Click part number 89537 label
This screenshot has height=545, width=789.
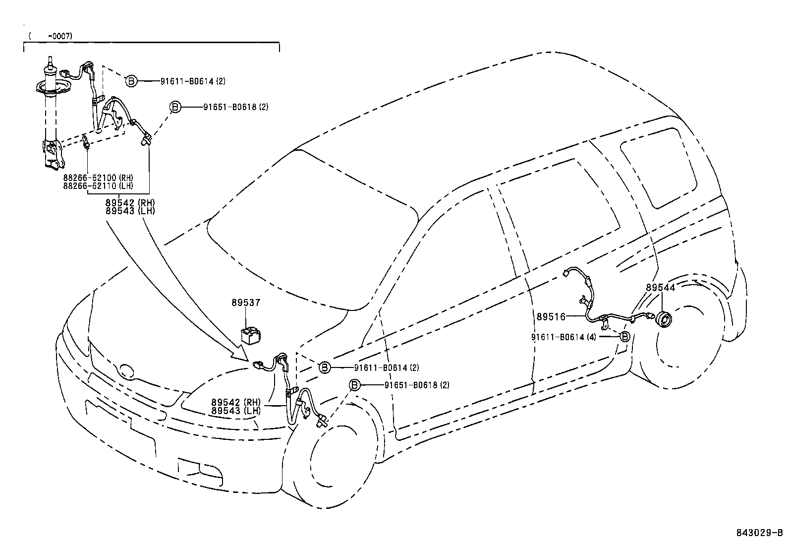point(245,303)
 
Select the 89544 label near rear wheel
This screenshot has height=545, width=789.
point(660,288)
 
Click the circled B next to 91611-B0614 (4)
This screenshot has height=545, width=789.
point(625,337)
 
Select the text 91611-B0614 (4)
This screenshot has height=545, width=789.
point(564,337)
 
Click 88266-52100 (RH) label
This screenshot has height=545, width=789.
point(98,178)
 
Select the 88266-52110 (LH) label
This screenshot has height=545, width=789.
point(98,185)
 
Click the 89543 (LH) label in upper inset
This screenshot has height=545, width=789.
point(130,210)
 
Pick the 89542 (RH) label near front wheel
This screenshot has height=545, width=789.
point(235,402)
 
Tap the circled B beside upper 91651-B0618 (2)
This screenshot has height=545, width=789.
point(175,107)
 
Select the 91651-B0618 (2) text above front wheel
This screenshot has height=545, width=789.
point(417,385)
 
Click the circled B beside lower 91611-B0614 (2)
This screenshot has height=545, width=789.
point(324,367)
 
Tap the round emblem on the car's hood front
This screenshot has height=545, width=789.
point(127,370)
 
